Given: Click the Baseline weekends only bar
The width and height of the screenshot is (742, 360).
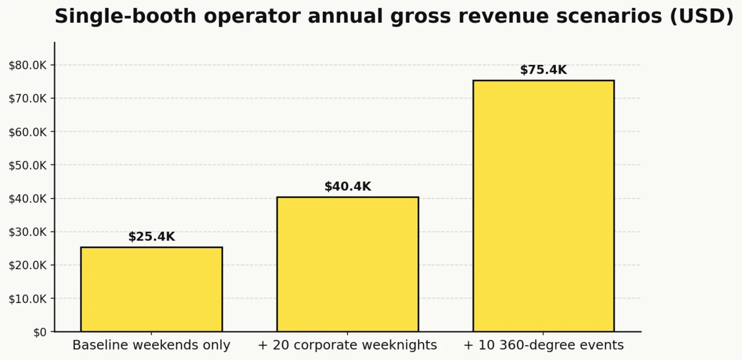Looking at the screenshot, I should click(x=151, y=289).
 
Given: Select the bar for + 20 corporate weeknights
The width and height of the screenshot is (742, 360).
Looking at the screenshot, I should click(x=348, y=264).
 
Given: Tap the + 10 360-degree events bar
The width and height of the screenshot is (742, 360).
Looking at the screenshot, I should click(x=544, y=206).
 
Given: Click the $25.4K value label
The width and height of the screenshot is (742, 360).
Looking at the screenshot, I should click(x=151, y=237).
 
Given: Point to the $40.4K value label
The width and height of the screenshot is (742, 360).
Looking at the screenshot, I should click(x=348, y=187).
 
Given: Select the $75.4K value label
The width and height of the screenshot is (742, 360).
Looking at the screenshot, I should click(x=544, y=70).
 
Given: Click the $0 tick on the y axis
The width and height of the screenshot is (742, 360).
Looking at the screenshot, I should click(x=40, y=332).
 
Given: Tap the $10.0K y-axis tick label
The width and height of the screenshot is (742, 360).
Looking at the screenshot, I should click(x=28, y=299).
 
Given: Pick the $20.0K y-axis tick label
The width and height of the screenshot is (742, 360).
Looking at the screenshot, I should click(x=28, y=265).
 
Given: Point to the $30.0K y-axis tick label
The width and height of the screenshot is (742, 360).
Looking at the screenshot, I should click(x=28, y=232).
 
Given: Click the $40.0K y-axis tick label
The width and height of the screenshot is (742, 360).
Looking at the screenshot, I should click(x=28, y=199).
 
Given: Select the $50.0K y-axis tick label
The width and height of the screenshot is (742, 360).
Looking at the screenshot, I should click(x=28, y=165).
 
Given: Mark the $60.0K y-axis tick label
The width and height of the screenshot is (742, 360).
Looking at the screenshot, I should click(x=28, y=132).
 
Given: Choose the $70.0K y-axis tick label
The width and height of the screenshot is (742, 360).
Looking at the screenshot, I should click(x=28, y=98).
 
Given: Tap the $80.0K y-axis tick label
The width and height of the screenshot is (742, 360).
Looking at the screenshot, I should click(x=28, y=65).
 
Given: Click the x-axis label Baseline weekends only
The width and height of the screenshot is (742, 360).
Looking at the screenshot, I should click(x=151, y=345).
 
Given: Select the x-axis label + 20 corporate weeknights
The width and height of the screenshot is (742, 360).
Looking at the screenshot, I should click(x=348, y=345).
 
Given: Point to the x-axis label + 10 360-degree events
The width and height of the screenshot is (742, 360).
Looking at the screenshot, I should click(x=544, y=345).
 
